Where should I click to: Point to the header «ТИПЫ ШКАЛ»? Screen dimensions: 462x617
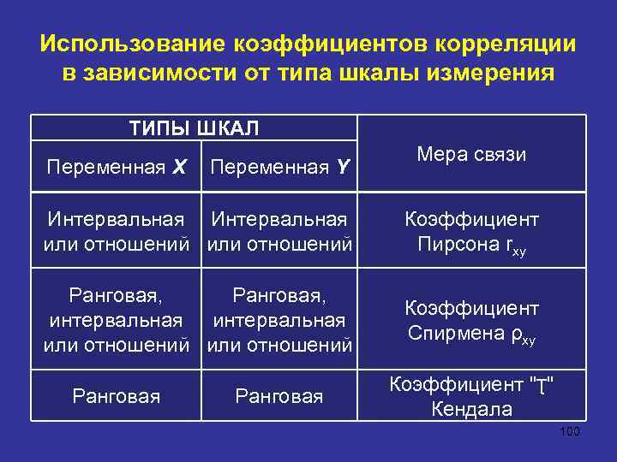click(x=193, y=128)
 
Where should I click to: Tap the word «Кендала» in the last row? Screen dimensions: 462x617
click(x=472, y=409)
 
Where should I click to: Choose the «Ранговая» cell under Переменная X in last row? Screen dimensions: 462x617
click(x=117, y=396)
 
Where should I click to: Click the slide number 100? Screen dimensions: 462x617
click(x=569, y=431)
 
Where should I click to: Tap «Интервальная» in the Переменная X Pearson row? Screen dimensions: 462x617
click(x=117, y=220)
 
